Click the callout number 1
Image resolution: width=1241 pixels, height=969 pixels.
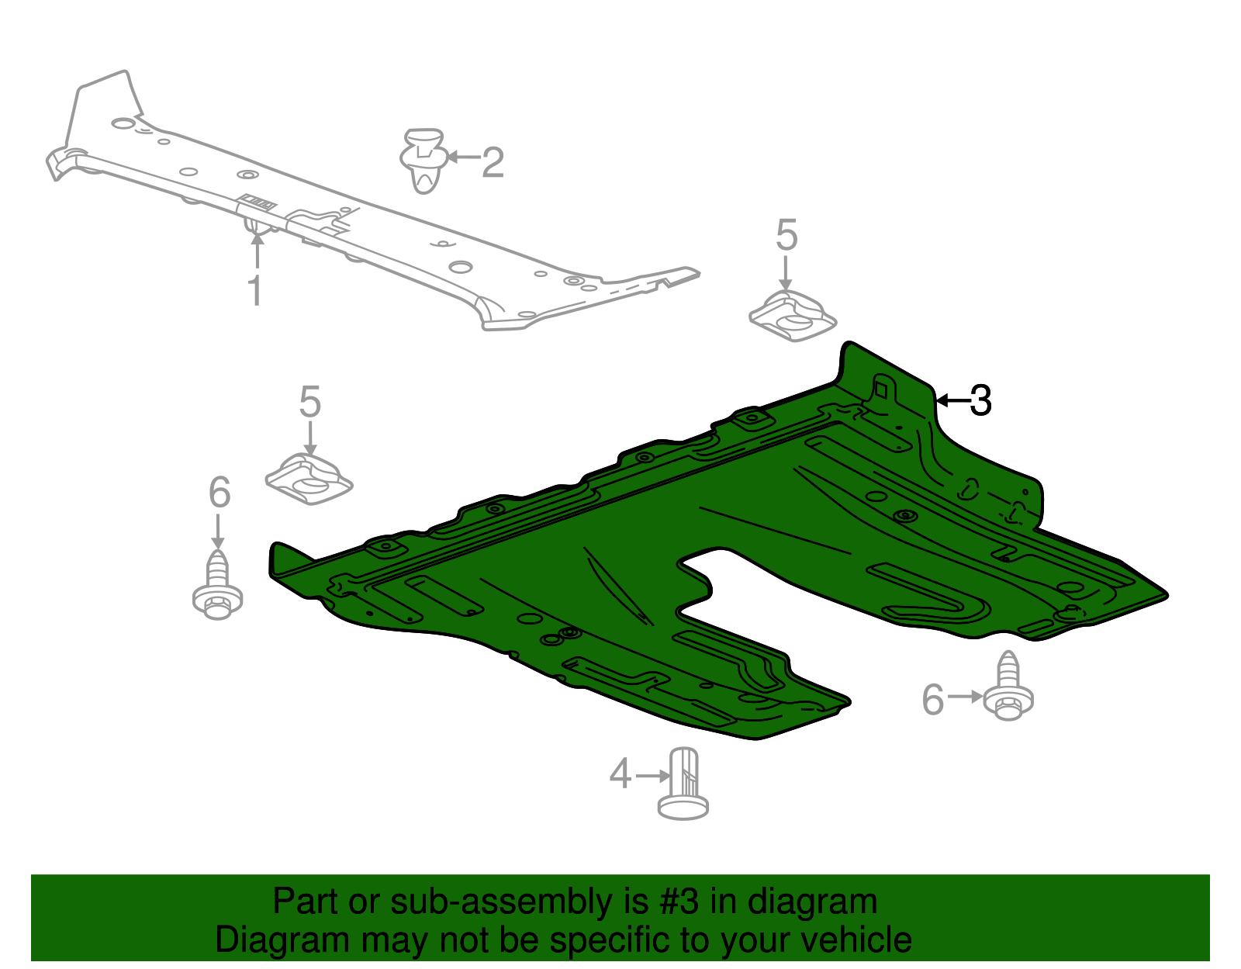[255, 290]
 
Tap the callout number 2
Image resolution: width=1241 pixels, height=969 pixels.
[493, 162]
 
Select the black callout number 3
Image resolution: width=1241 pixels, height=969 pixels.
[980, 401]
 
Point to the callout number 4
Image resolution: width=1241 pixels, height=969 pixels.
[620, 773]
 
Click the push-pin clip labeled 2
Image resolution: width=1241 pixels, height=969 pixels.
[423, 161]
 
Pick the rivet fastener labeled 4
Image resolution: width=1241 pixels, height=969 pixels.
[683, 784]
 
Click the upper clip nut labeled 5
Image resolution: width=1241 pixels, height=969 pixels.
[793, 316]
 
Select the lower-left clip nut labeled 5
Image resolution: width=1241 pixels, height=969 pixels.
[309, 479]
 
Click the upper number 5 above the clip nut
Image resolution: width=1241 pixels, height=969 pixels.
[786, 234]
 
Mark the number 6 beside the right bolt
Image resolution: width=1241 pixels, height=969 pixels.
[932, 699]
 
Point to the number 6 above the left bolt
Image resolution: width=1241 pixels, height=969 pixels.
[220, 492]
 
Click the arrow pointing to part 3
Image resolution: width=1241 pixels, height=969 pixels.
[953, 401]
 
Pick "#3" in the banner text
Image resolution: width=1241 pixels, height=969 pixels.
[679, 902]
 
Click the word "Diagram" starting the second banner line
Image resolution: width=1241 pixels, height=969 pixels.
[282, 940]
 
